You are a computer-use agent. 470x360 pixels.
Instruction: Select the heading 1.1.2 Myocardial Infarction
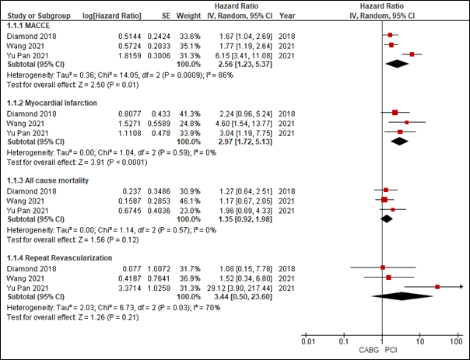[51, 103]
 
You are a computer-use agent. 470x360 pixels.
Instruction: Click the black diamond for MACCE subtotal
[398, 65]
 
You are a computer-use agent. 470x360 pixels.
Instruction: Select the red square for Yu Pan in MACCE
[412, 54]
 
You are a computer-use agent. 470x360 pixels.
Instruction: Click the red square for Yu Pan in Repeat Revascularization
[437, 287]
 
